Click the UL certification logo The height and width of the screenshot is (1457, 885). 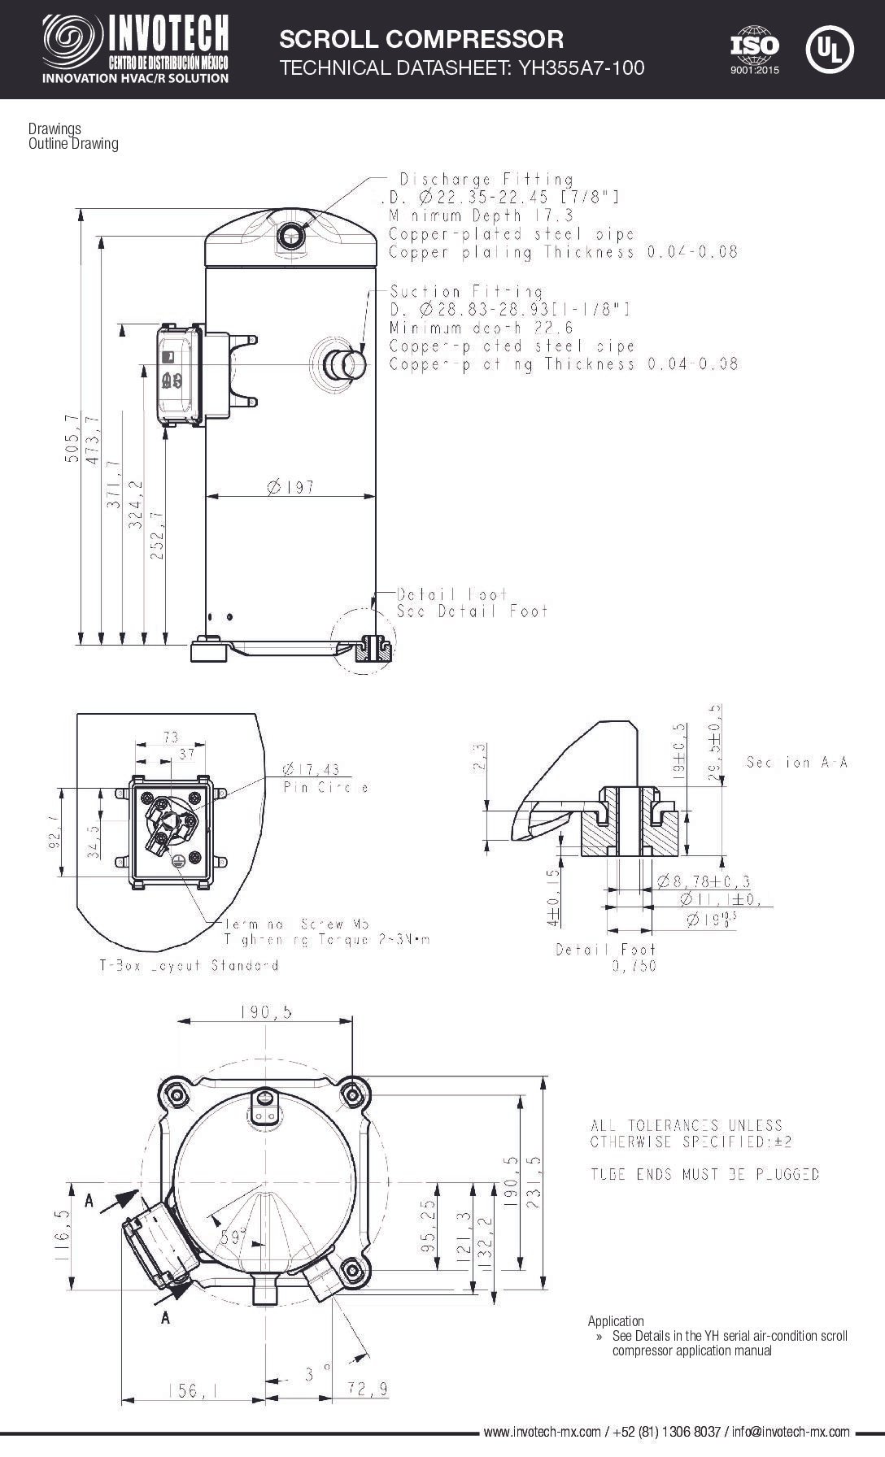829,50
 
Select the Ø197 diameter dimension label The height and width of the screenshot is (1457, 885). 290,487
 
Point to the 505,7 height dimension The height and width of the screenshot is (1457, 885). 72,439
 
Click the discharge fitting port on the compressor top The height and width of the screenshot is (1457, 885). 290,237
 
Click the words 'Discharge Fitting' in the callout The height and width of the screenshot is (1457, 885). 486,179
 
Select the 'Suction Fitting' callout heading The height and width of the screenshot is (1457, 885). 465,291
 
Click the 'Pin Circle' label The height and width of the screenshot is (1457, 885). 325,788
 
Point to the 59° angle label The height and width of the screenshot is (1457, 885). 233,1238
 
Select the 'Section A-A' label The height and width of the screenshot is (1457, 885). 796,762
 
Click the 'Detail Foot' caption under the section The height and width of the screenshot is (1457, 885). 605,949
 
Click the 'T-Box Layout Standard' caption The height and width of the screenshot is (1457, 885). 189,966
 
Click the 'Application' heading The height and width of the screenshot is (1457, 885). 616,1321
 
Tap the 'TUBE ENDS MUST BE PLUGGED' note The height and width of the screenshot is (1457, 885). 704,1174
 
